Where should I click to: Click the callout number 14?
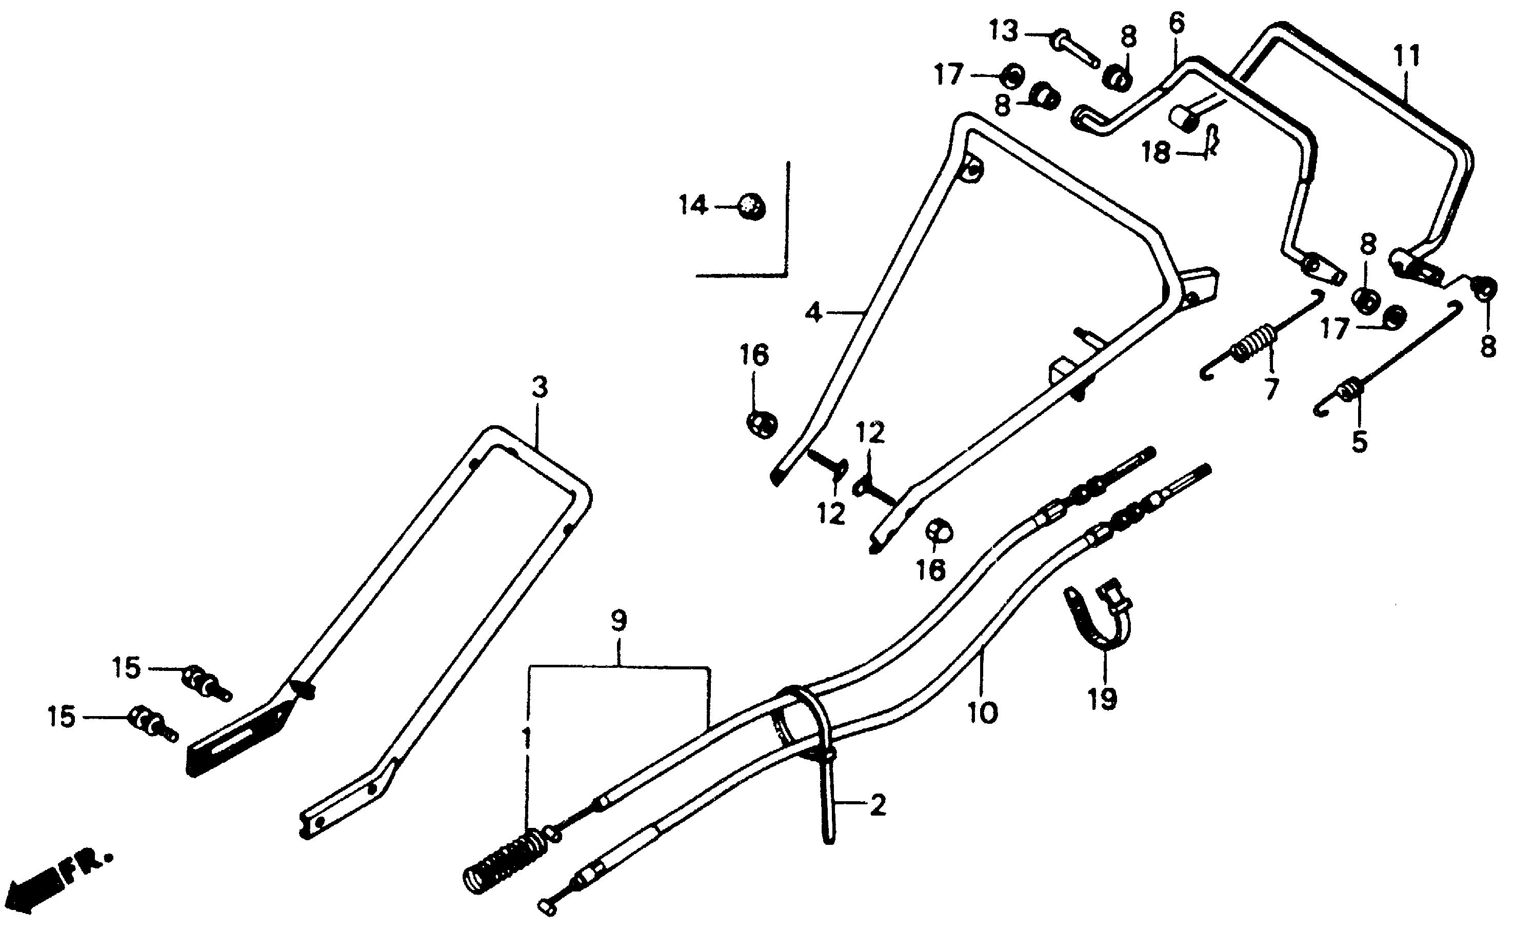[693, 205]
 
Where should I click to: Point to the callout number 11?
[1406, 56]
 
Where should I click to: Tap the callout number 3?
[539, 388]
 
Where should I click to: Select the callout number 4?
[813, 313]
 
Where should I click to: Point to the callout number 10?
[983, 713]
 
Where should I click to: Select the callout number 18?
[1156, 153]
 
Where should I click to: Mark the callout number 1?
[526, 739]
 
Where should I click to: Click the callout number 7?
[1271, 389]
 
